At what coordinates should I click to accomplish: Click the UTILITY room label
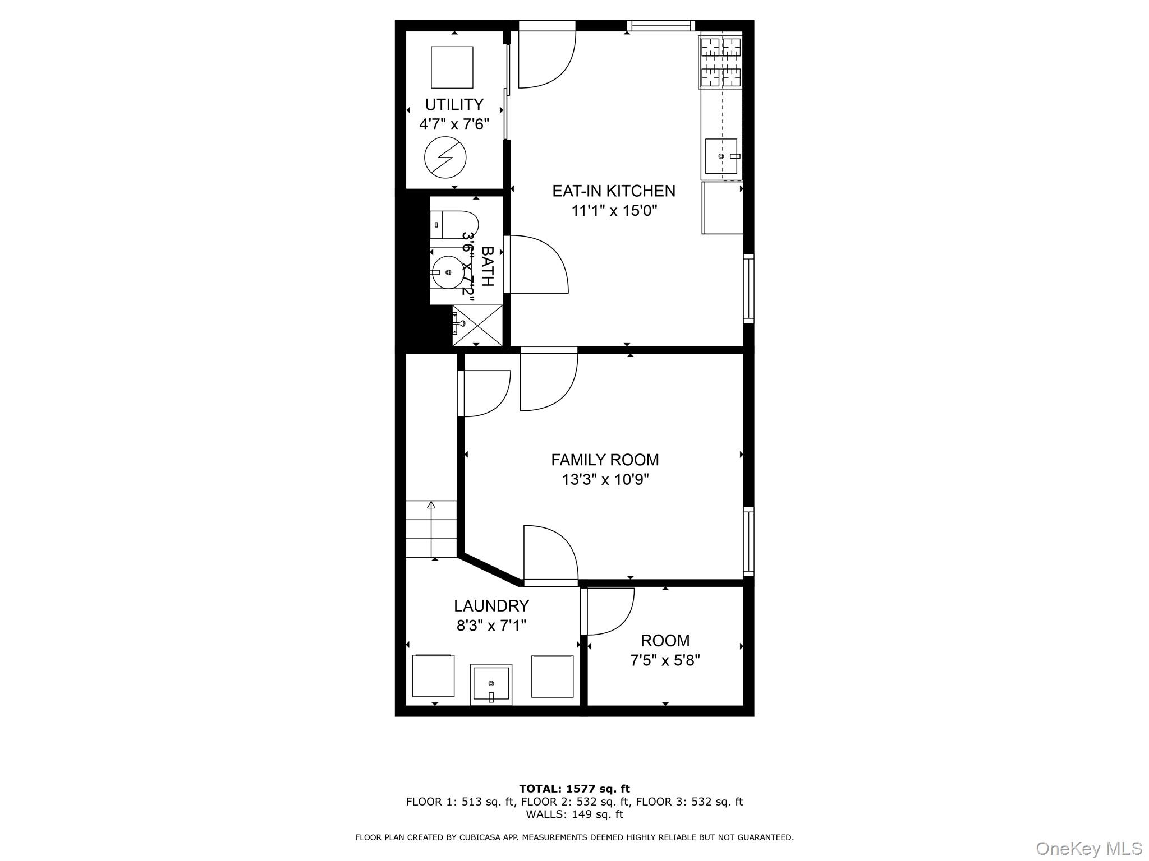[x=454, y=105]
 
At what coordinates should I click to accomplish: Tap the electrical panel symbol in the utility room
[x=445, y=158]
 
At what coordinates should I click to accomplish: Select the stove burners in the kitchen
[x=720, y=62]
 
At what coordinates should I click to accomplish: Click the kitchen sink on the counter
[x=721, y=156]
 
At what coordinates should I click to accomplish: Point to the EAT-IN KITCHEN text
[x=614, y=191]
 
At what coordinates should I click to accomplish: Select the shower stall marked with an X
[x=477, y=325]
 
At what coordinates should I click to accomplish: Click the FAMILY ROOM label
[x=605, y=460]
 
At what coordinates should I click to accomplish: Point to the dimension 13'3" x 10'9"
[x=605, y=480]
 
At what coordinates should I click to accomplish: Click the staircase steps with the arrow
[x=431, y=529]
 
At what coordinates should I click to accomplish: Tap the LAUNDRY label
[x=491, y=606]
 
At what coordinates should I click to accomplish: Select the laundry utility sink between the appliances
[x=491, y=684]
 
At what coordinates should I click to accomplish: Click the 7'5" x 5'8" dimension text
[x=665, y=660]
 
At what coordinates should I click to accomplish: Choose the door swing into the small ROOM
[x=609, y=612]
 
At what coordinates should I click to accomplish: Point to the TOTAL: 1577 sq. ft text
[x=574, y=789]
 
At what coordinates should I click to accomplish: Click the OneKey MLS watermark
[x=1088, y=848]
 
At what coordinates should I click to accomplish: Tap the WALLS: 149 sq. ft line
[x=574, y=814]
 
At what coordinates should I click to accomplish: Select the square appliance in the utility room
[x=452, y=67]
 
